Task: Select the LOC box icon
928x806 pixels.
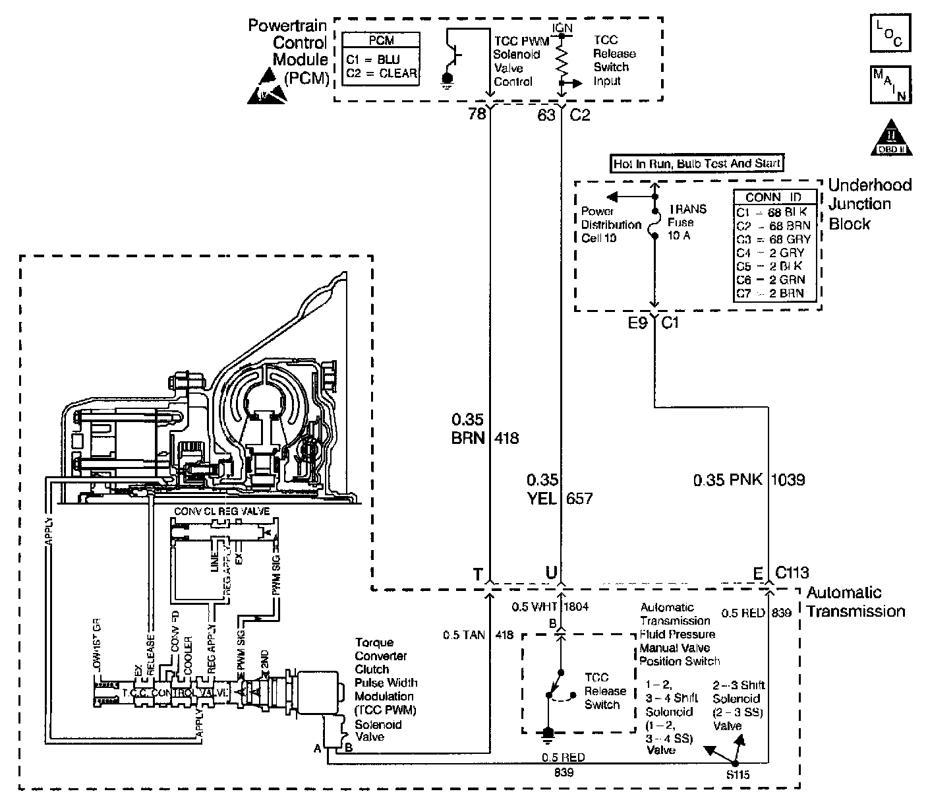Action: (890, 33)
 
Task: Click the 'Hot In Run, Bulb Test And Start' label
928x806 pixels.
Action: (697, 163)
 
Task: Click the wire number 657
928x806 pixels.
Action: (579, 499)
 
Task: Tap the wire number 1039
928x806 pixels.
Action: (789, 480)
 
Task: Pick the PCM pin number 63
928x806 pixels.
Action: (546, 115)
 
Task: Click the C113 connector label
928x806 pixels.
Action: (792, 573)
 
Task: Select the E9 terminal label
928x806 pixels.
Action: (637, 323)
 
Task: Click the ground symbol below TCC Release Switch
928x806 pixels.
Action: (546, 733)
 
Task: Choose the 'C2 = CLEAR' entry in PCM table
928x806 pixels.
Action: (381, 73)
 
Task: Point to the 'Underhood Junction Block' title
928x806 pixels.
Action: (869, 204)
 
